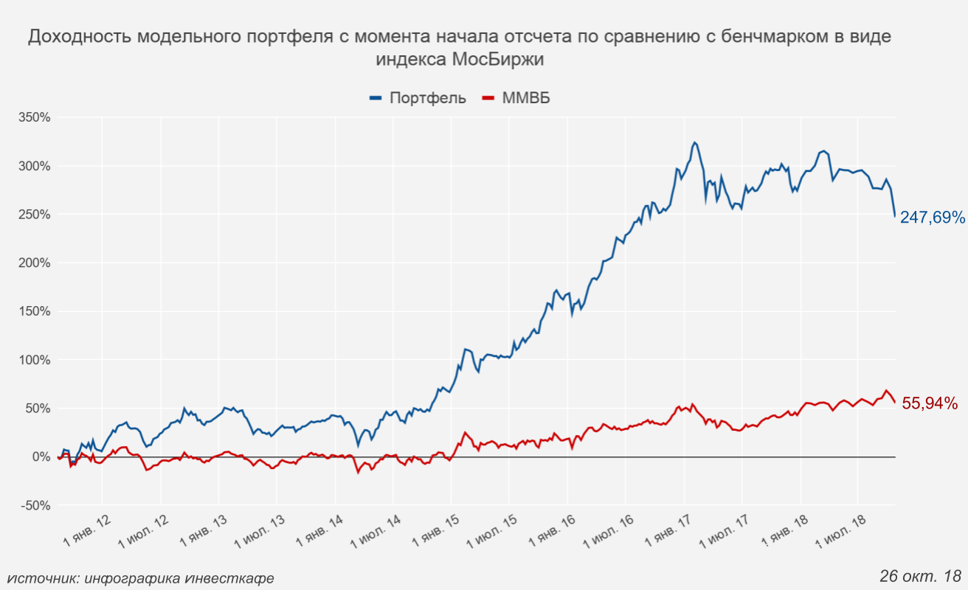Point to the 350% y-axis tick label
click(34, 117)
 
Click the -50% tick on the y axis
click(34, 506)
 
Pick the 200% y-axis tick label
click(34, 263)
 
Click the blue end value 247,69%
click(932, 218)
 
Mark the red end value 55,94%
click(930, 403)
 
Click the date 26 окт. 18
click(920, 575)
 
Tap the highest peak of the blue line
click(694, 142)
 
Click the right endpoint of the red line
click(895, 402)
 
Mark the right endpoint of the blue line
click(895, 216)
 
